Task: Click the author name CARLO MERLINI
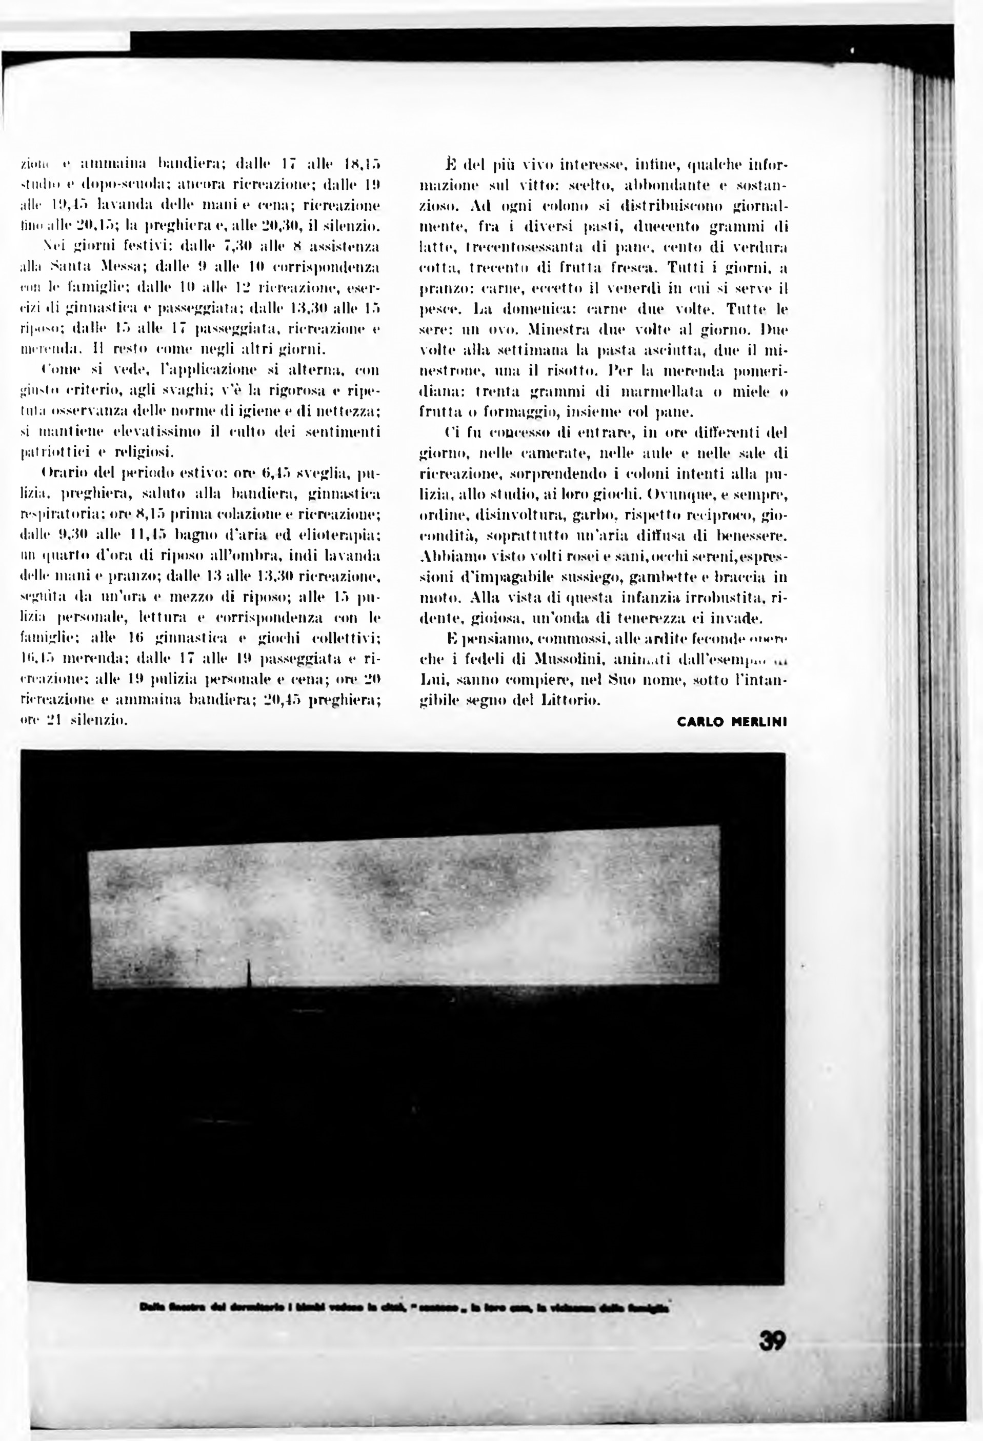(x=732, y=722)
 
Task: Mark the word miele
(x=749, y=392)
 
